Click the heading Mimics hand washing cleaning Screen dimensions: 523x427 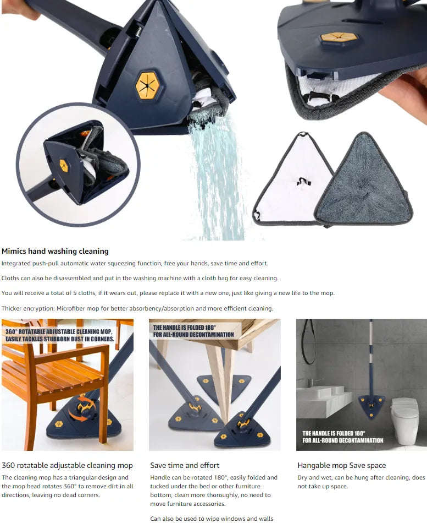click(55, 251)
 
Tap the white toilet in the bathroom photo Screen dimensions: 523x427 click(405, 418)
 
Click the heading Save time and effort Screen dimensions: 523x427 click(185, 465)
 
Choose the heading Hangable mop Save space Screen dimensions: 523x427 click(341, 465)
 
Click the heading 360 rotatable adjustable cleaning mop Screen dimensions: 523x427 click(66, 465)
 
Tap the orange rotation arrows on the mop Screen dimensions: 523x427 click(82, 410)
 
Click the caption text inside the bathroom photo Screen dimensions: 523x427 click(342, 437)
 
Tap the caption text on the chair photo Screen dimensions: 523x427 click(59, 335)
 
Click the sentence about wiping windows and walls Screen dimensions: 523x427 click(212, 519)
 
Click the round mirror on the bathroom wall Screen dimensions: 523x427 click(308, 341)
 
